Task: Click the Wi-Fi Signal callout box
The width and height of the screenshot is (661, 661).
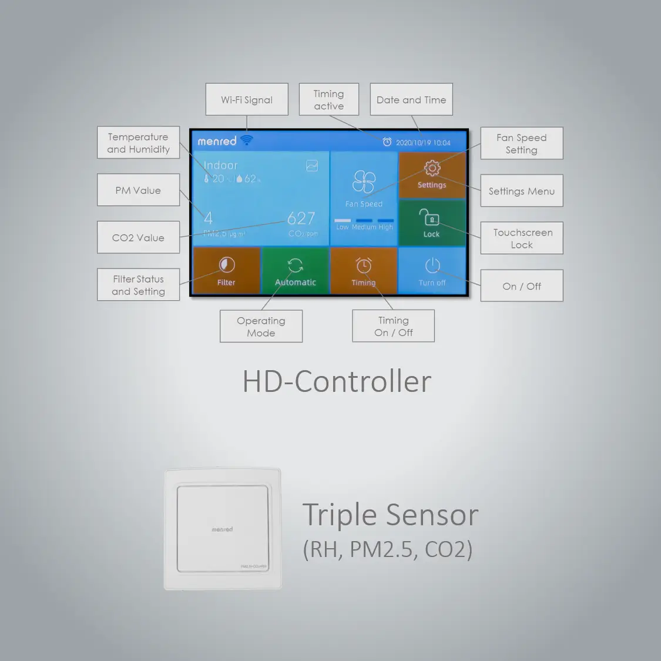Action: [247, 99]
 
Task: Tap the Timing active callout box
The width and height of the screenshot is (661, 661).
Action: [328, 99]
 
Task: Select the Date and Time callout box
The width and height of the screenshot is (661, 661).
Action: [411, 99]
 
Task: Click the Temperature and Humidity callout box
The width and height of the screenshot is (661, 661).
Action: [138, 143]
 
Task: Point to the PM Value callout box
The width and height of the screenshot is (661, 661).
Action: [138, 190]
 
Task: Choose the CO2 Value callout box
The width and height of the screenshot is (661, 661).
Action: [138, 237]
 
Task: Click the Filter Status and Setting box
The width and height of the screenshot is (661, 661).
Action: [138, 285]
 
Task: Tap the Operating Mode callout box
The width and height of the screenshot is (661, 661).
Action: [261, 326]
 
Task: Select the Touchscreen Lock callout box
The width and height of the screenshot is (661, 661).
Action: [522, 238]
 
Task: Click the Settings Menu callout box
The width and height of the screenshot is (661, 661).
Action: [522, 191]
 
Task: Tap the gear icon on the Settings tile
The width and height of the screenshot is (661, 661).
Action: [432, 168]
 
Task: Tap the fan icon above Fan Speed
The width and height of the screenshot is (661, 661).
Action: [364, 182]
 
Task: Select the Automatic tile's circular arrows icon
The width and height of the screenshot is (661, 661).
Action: [295, 265]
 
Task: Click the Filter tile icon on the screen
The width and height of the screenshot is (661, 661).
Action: [226, 265]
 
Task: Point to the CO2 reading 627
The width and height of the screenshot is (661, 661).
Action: [301, 219]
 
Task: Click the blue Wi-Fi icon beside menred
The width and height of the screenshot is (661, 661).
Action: [247, 140]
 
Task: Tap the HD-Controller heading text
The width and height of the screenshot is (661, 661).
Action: [337, 381]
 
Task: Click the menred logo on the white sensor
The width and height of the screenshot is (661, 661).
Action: [222, 529]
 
